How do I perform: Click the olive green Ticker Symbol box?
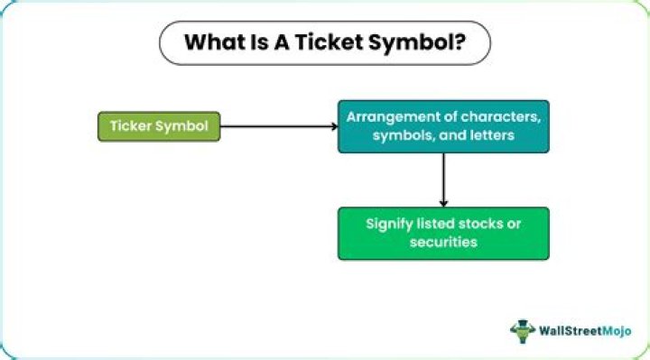click(158, 126)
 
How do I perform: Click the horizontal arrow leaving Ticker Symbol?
click(279, 126)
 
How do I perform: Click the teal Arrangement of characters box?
click(443, 125)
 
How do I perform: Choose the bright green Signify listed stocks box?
click(443, 234)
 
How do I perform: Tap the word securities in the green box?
click(443, 243)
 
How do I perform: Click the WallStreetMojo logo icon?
click(523, 330)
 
